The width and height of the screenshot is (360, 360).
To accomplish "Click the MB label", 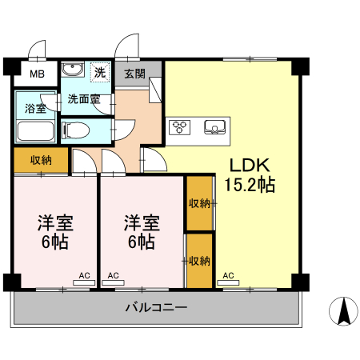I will (38, 76).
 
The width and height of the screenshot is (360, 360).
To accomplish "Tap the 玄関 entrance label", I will (135, 74).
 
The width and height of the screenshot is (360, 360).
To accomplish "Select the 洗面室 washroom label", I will (83, 100).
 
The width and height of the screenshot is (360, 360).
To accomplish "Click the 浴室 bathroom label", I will (34, 108).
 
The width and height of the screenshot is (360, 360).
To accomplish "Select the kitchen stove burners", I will (181, 126).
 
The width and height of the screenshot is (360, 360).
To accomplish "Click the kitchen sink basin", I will (215, 126).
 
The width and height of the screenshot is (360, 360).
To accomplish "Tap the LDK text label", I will (250, 166).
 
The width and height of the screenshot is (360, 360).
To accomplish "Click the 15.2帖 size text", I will (250, 186).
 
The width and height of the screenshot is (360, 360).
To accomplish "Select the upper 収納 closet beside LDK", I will (199, 203).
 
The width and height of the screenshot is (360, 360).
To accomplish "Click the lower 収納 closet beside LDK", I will (199, 261).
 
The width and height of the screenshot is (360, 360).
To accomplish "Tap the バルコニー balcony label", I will (157, 308).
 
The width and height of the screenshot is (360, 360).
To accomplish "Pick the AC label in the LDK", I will (228, 276).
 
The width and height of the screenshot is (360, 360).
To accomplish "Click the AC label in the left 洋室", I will (84, 276).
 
